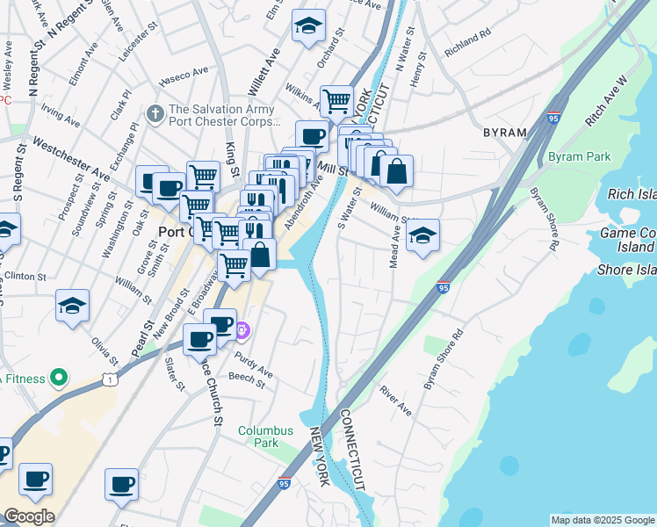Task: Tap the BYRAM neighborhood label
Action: coord(504,133)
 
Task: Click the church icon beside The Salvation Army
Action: coord(155,113)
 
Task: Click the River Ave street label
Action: coord(395,399)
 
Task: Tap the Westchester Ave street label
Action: coord(70,159)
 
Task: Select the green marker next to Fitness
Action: coord(59,379)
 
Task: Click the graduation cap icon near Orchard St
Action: coord(309,26)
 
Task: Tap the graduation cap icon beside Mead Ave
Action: coord(422,235)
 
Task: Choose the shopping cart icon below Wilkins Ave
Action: coord(336,101)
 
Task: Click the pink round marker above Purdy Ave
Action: coord(243,330)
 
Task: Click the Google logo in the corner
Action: coord(29,516)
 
